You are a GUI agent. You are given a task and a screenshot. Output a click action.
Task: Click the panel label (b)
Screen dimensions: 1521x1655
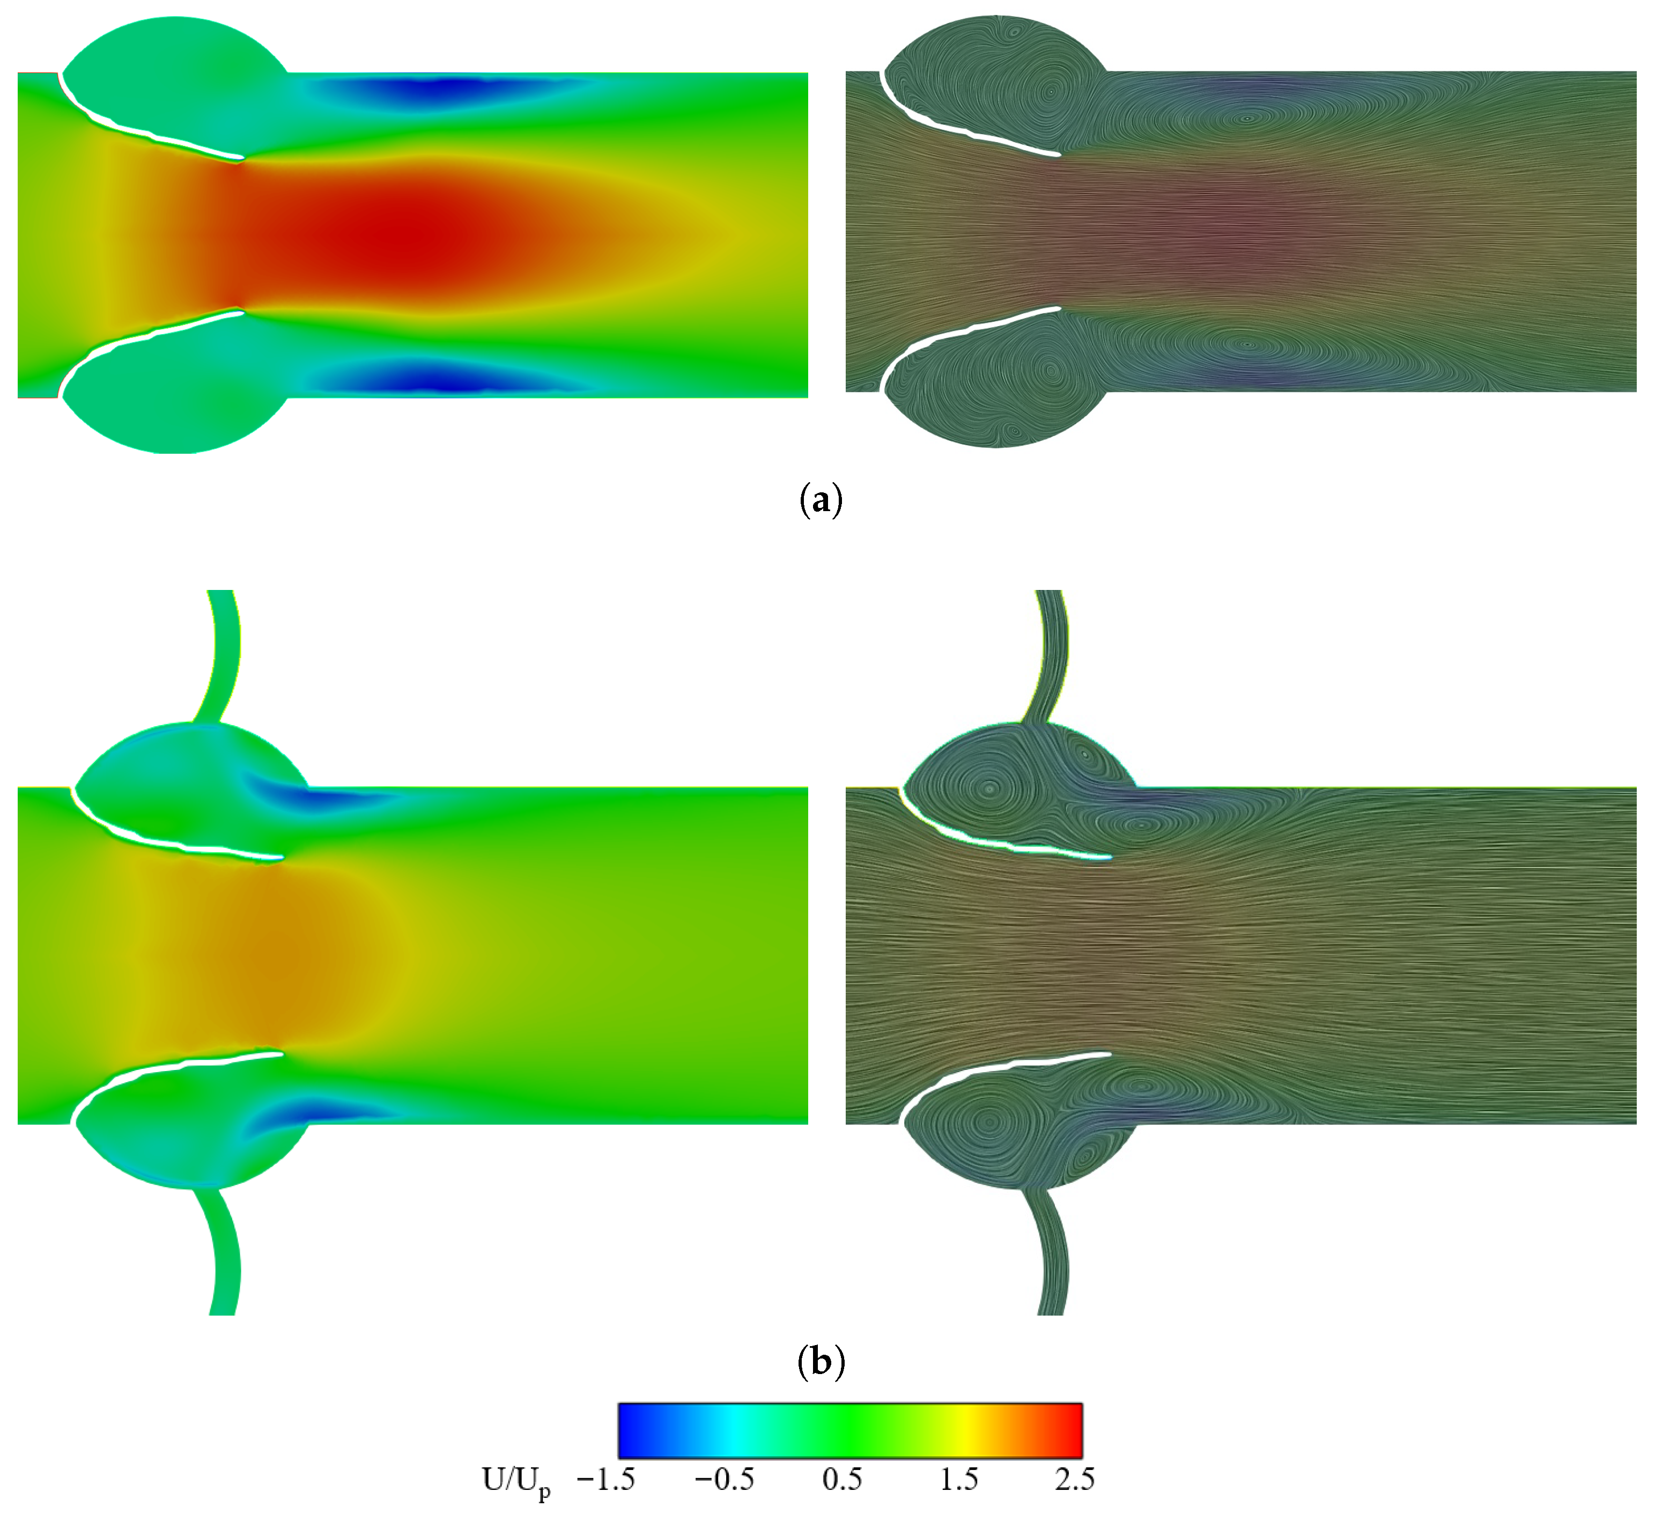[821, 1363]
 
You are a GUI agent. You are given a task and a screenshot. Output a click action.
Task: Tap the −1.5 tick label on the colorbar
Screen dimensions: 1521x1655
[605, 1479]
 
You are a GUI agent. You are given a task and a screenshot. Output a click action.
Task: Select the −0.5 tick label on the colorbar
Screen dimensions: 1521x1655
[724, 1479]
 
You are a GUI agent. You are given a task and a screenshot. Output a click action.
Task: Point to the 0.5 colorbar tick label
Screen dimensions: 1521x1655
[842, 1479]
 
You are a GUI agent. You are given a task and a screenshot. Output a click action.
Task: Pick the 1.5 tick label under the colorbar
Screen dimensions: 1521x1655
[959, 1479]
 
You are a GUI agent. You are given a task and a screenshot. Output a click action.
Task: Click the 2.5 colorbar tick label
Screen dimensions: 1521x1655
[1074, 1479]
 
